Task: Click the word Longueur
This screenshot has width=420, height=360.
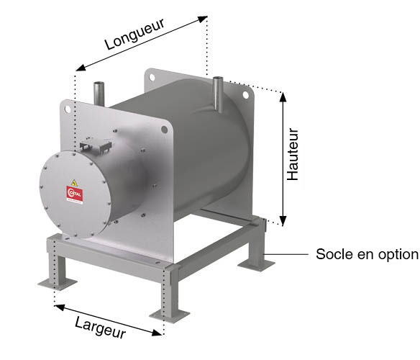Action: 134,34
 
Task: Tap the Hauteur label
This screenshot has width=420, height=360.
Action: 293,154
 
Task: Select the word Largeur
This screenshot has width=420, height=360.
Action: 100,327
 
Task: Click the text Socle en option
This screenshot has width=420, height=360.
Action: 367,254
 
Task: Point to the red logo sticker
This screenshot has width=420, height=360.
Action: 75,194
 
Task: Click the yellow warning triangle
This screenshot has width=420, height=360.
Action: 74,183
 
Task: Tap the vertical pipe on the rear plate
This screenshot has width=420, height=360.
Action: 218,94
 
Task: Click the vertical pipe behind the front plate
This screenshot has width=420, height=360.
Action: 99,94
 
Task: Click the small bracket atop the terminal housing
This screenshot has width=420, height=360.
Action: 96,145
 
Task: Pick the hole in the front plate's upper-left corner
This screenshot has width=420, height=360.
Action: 68,109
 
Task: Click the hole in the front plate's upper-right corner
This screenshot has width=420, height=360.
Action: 165,130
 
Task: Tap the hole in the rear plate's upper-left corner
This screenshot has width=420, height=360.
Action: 152,77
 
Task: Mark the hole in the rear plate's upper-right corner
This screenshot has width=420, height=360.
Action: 246,94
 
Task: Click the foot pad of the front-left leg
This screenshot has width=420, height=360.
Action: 58,284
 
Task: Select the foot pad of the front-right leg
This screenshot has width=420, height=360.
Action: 170,315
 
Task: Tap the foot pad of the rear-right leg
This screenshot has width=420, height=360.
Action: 256,264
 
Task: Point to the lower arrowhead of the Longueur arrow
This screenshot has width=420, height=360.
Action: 81,68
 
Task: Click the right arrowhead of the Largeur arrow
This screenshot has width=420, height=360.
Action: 157,333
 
